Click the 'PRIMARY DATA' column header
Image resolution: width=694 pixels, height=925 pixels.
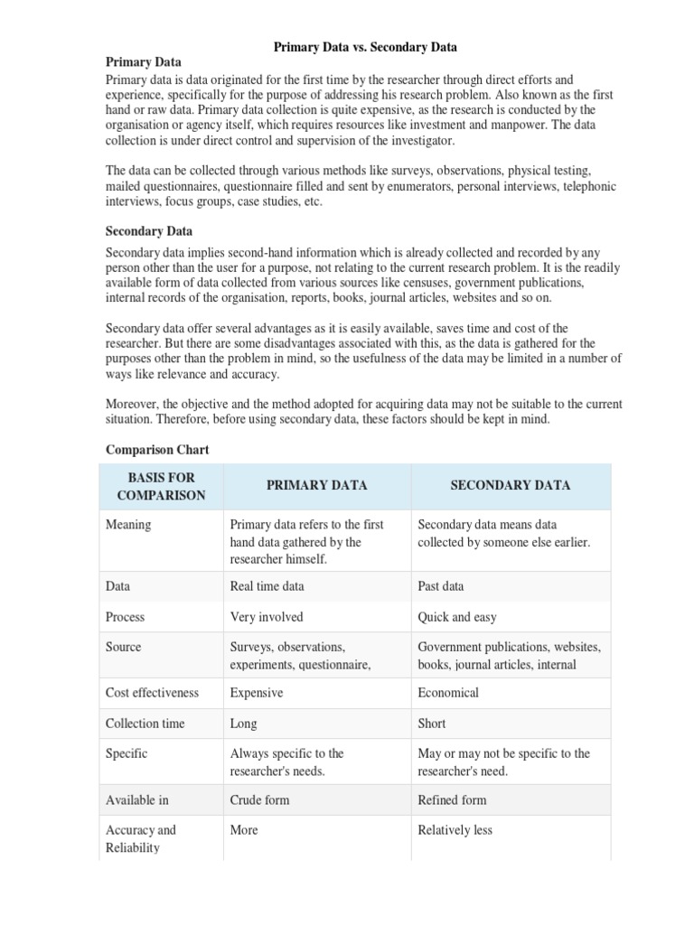(316, 486)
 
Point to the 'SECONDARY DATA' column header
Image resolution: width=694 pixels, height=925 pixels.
(511, 486)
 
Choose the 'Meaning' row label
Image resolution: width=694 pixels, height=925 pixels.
(128, 525)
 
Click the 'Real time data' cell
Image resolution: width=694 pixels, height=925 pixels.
(267, 586)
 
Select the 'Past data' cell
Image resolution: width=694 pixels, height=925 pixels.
(441, 586)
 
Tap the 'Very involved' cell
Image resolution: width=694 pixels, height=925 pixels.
(267, 617)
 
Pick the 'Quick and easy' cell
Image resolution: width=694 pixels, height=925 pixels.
(457, 617)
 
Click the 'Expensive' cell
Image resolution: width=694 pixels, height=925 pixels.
(257, 693)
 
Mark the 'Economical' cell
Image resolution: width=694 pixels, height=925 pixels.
(448, 693)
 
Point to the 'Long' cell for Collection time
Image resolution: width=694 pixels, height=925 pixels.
(244, 724)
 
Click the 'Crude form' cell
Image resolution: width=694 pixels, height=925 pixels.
(261, 799)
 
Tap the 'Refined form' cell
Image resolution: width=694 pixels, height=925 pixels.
(452, 799)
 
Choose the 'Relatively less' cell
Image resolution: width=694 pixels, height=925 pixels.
(455, 830)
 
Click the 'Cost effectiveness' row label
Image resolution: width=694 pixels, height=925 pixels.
(152, 693)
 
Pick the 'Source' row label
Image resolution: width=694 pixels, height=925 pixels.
(124, 647)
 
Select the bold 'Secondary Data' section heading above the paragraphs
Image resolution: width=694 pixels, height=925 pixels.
(149, 231)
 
